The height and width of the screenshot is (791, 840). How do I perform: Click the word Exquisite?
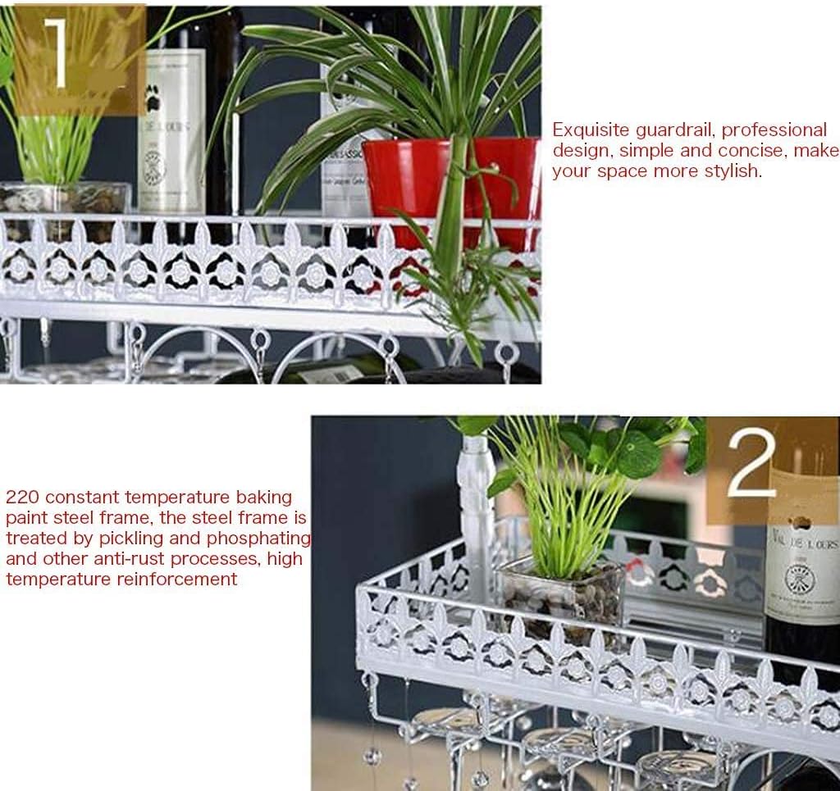[x=591, y=130]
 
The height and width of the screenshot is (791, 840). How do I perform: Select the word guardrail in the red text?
[x=674, y=130]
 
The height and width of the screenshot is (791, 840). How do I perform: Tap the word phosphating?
[x=266, y=539]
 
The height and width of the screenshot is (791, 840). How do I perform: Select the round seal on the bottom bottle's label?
[x=800, y=579]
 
